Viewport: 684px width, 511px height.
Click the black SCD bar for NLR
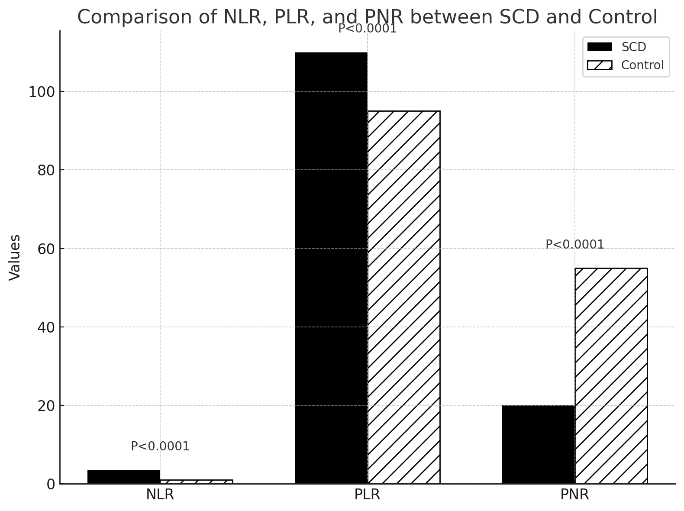[x=124, y=477]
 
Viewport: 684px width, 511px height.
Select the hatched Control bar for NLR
[x=197, y=482]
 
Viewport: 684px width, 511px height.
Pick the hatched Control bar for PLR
[x=404, y=297]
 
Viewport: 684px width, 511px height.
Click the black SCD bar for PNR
[x=539, y=444]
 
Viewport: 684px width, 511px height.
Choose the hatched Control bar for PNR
[x=611, y=375]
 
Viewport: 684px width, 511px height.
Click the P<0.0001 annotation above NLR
[x=160, y=446]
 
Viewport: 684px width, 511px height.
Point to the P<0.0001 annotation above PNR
[x=574, y=245]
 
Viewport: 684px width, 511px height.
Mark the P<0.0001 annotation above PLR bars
[x=367, y=29]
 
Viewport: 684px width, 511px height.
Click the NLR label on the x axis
[x=160, y=495]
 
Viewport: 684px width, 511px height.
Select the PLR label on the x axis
[x=367, y=495]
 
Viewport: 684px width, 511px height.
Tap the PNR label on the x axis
[x=574, y=495]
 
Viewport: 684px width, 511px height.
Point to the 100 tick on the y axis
[x=42, y=92]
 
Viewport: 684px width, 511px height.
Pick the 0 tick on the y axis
[x=51, y=485]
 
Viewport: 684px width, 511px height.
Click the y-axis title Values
[x=15, y=258]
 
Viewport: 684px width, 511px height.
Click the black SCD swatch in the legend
[x=600, y=47]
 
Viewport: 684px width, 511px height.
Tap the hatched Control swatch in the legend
[x=600, y=65]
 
